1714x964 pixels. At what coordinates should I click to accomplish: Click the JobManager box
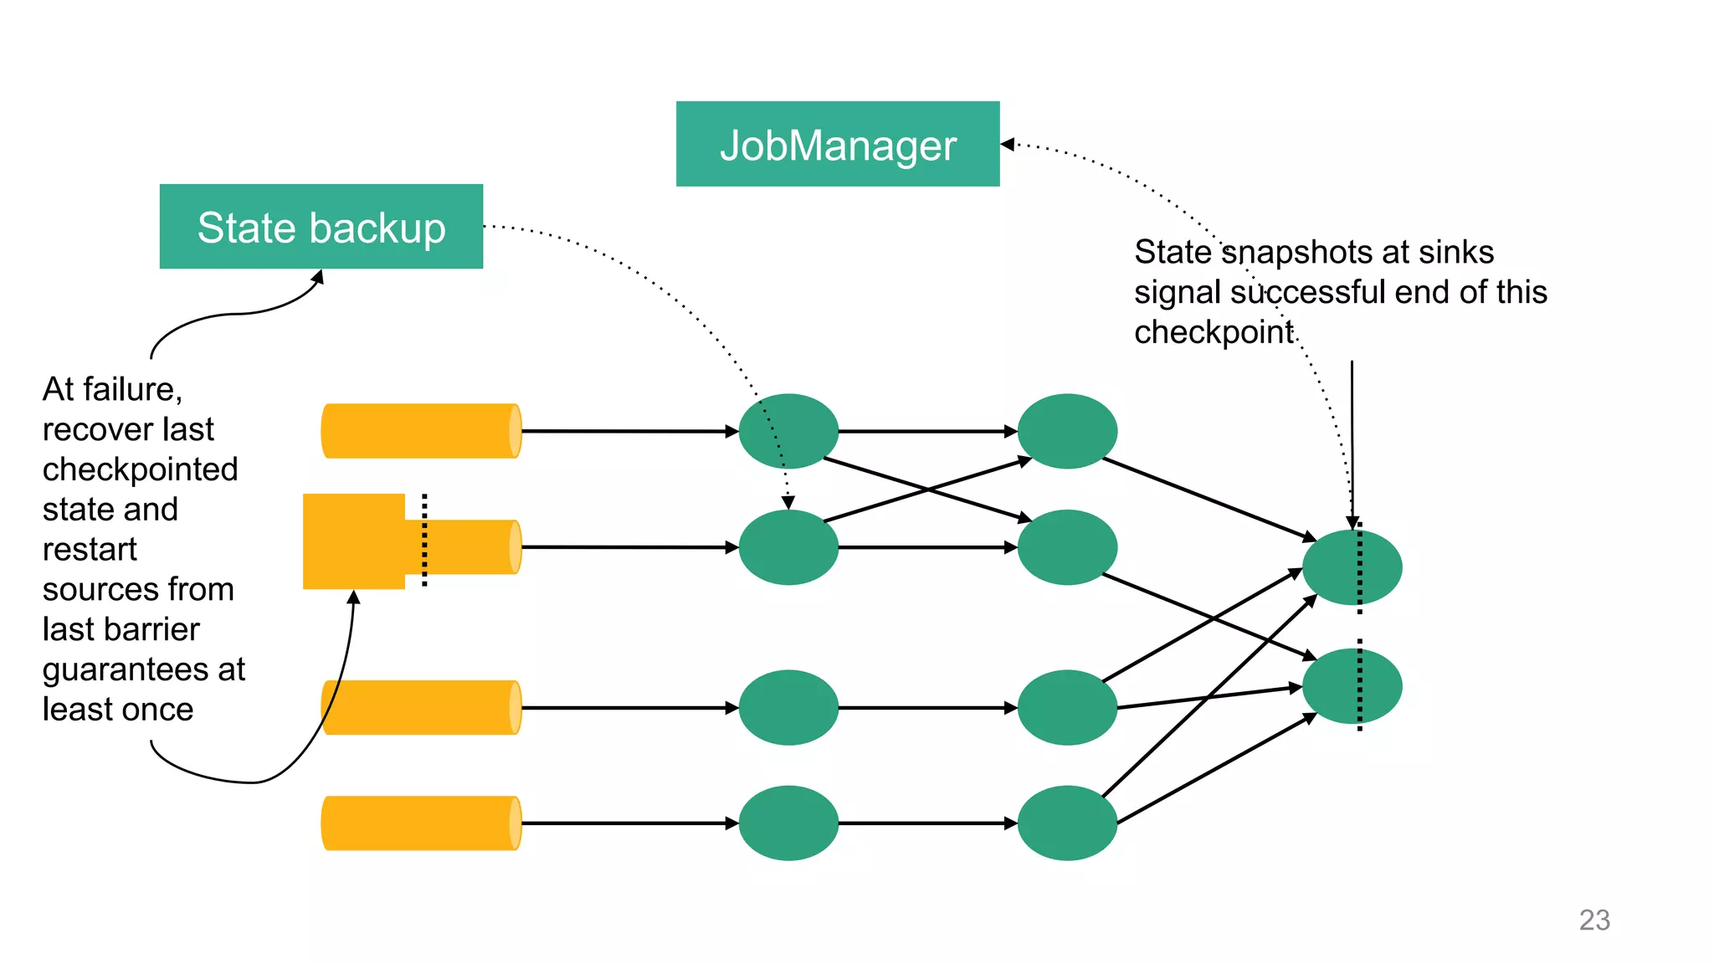coord(837,144)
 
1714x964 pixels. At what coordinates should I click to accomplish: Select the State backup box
coord(321,227)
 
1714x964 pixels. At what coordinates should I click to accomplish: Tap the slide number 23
coord(1593,920)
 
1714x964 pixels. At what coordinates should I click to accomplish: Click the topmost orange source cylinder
coord(420,431)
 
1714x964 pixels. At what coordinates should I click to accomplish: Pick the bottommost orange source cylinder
coord(420,823)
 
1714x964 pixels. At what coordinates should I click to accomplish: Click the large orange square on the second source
coord(354,541)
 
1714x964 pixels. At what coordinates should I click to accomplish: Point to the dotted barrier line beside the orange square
coord(424,540)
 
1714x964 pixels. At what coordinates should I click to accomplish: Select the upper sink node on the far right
coord(1351,567)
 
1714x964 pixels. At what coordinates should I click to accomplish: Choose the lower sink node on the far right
coord(1351,686)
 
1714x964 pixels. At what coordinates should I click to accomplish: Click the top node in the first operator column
coord(788,431)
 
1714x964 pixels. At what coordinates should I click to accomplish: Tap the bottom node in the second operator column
coord(1067,823)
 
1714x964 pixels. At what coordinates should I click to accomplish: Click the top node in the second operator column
coord(1067,431)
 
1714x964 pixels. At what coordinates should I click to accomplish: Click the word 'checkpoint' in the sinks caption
coord(1214,332)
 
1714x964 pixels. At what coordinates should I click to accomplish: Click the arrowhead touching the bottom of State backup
coord(317,276)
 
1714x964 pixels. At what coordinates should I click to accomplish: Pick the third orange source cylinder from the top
coord(420,708)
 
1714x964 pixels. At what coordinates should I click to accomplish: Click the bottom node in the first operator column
coord(788,823)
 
